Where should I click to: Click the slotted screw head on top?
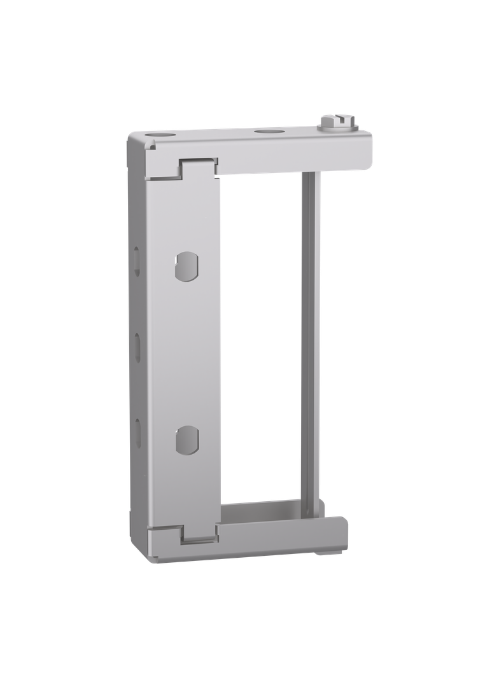point(336,120)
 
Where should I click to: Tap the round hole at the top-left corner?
point(157,135)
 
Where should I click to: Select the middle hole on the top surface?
point(263,132)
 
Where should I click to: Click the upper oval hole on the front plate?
point(186,266)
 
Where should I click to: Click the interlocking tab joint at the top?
point(197,167)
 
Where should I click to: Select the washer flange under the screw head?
point(337,127)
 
